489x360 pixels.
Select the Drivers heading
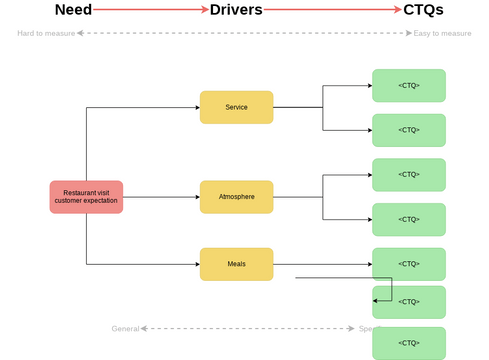[x=236, y=10]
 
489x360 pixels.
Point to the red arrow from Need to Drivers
[x=150, y=10]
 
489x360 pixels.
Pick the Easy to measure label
[x=442, y=33]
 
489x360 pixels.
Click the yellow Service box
[x=236, y=107]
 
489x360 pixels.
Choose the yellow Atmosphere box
[x=236, y=197]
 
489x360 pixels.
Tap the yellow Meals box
[x=236, y=264]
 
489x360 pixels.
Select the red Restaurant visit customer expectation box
[x=86, y=197]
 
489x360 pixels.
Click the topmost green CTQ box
[x=408, y=85]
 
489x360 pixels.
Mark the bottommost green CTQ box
[x=408, y=342]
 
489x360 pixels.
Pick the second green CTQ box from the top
[x=408, y=130]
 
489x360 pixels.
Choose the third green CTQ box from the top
[x=408, y=175]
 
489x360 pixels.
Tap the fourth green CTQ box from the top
[x=408, y=219]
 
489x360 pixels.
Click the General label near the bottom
[x=125, y=328]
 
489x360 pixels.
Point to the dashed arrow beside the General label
[x=250, y=328]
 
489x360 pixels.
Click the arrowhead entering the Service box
[x=196, y=107]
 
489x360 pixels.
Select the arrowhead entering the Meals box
[x=196, y=264]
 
